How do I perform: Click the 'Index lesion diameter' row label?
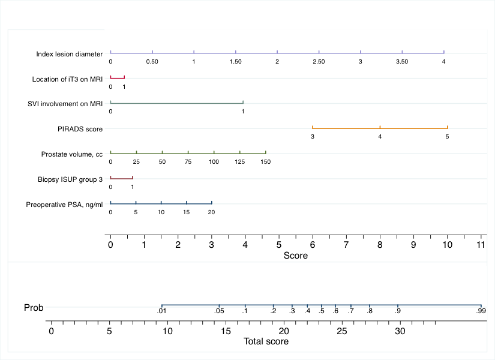[x=69, y=54]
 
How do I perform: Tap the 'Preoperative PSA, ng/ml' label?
[x=64, y=205]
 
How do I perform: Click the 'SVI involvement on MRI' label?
[x=65, y=104]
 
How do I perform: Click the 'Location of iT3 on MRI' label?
[x=68, y=79]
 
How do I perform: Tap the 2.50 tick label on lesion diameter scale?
[x=319, y=62]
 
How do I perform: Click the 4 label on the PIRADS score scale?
[x=380, y=137]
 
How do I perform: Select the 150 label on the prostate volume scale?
[x=266, y=162]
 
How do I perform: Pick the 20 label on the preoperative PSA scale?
[x=211, y=212]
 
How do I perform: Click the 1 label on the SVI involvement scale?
[x=243, y=112]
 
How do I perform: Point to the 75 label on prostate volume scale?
[x=188, y=162]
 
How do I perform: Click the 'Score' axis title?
[x=295, y=256]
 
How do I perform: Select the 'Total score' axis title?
[x=266, y=341]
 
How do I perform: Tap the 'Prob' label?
[x=34, y=308]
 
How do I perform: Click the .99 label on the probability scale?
[x=481, y=311]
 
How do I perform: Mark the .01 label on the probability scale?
[x=161, y=311]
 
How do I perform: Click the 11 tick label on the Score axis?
[x=481, y=245]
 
